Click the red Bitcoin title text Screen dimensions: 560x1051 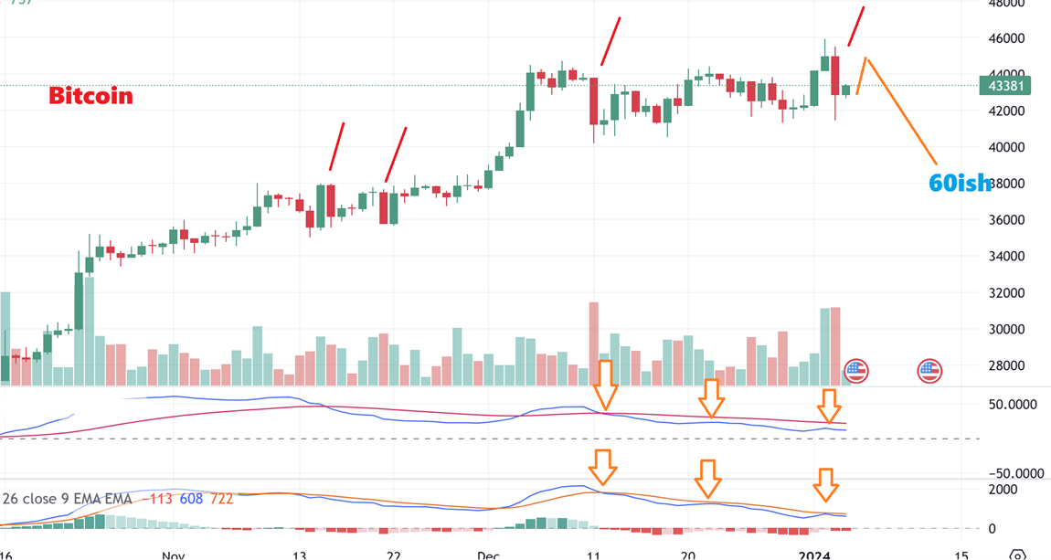(90, 96)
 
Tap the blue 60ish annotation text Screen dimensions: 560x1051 (959, 184)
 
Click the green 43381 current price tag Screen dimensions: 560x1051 (1003, 86)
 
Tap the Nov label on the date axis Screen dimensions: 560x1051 (174, 555)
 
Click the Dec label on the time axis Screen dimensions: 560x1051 (489, 555)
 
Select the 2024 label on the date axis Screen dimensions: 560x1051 (813, 555)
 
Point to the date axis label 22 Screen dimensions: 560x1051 (393, 555)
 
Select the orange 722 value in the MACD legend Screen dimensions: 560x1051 (221, 499)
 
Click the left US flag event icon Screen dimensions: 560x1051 (856, 371)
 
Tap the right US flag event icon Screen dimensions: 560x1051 (929, 371)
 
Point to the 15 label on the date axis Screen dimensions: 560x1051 (961, 555)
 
